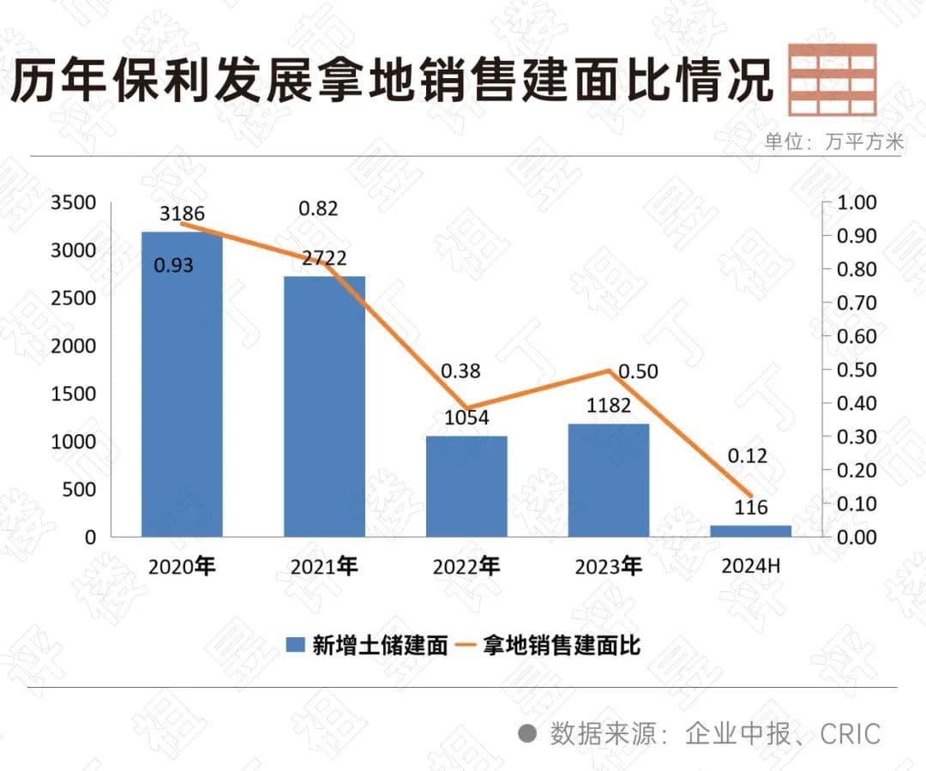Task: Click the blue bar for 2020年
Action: pyautogui.click(x=182, y=386)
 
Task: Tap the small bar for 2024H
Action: pyautogui.click(x=750, y=531)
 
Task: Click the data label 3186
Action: pyautogui.click(x=182, y=214)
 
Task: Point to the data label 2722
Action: pyautogui.click(x=324, y=258)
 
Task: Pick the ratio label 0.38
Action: pyautogui.click(x=460, y=371)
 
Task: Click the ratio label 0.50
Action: pyautogui.click(x=638, y=371)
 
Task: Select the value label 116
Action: pyautogui.click(x=751, y=509)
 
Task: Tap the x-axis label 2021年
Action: pyautogui.click(x=324, y=567)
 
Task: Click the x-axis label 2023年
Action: pyautogui.click(x=608, y=567)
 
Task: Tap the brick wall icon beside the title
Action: pyautogui.click(x=832, y=79)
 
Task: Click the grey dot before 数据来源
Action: pyautogui.click(x=528, y=734)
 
